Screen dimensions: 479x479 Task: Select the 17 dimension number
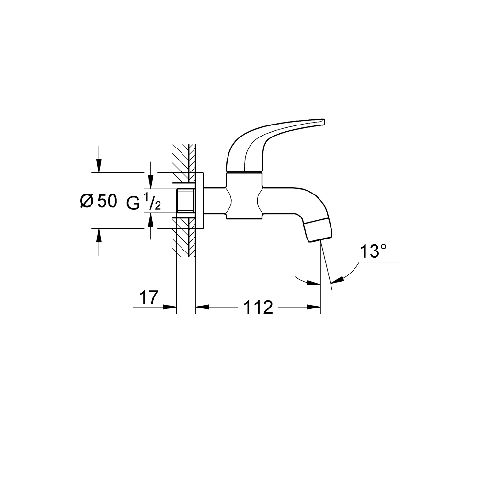pos(148,297)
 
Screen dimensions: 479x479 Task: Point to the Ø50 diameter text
pos(98,201)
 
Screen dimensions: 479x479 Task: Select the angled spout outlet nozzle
pos(318,231)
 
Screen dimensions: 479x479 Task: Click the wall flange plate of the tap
pos(200,201)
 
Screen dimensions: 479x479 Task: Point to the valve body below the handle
pos(244,196)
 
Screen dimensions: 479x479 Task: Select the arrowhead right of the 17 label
pos(171,307)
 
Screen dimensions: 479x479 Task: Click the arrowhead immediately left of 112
pos(202,307)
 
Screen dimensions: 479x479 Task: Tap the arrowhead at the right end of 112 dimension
pos(314,307)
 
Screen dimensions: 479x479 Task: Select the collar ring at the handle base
pos(244,171)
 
